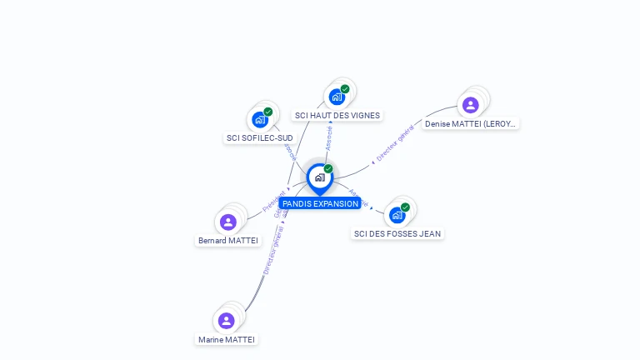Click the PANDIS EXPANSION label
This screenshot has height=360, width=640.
pos(320,203)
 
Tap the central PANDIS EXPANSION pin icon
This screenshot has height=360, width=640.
pos(319,177)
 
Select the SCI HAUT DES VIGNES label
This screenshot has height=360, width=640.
pos(337,116)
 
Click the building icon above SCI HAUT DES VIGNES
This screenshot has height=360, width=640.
pos(337,97)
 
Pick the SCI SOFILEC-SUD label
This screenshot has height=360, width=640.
pos(260,137)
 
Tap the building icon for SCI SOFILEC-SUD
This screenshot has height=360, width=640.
pos(260,119)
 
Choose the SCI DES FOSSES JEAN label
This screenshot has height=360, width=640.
pos(397,233)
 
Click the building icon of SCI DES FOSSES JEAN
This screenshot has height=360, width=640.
pos(397,214)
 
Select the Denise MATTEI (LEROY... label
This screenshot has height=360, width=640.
pos(470,123)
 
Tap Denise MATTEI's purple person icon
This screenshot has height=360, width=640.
pos(470,105)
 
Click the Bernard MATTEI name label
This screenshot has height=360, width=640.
pos(227,241)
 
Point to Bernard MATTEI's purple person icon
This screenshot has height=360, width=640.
pos(228,222)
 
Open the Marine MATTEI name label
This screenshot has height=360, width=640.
pos(227,339)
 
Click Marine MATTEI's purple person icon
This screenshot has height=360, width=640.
pos(227,321)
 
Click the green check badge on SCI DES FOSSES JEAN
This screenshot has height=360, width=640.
pos(405,207)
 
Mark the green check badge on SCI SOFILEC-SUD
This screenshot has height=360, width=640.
pos(267,112)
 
